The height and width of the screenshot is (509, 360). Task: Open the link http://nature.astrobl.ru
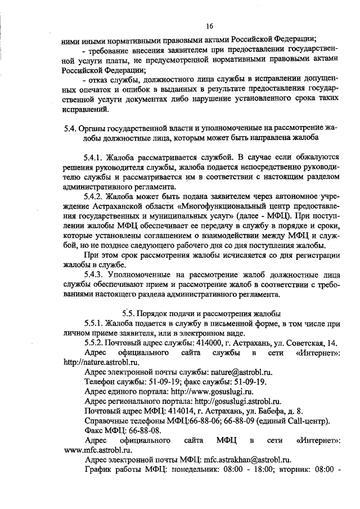point(101,362)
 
